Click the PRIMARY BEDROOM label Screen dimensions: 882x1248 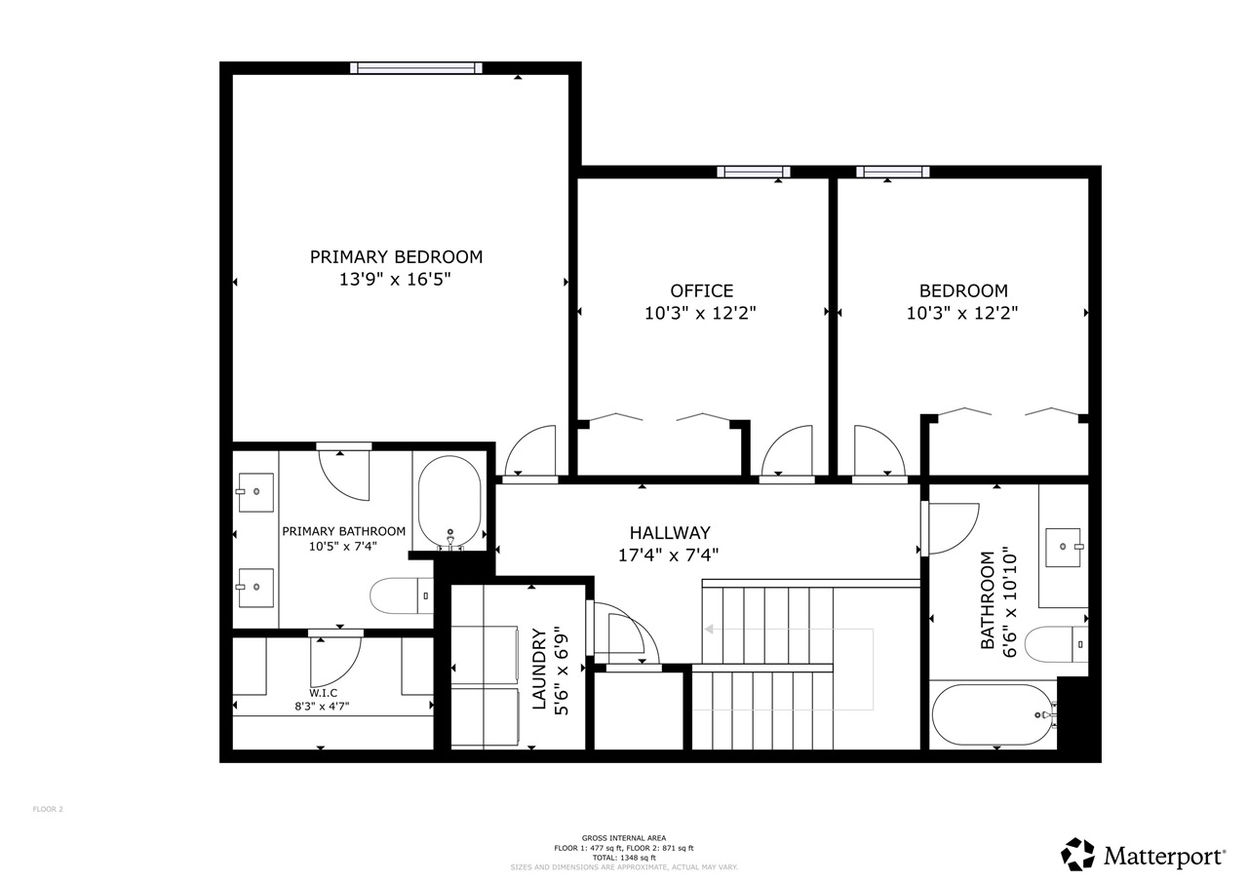396,257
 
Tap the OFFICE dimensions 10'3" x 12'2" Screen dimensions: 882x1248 700,314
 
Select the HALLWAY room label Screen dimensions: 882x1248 670,533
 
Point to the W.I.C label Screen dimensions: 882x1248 323,693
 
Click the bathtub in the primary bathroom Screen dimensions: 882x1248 449,502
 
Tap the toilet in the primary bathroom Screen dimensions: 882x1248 401,595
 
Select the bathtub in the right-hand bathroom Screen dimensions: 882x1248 993,714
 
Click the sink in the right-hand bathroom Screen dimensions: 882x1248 1063,547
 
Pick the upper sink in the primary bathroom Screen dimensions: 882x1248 255,492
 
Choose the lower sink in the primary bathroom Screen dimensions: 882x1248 255,588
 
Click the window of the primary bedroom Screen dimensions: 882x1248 416,68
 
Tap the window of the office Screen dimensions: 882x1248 754,173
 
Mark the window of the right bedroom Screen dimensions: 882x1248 892,173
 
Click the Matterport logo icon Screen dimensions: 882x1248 1077,855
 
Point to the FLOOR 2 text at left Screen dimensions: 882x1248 48,809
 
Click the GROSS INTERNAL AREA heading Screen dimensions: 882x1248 624,838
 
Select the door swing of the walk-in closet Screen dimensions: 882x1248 336,661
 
